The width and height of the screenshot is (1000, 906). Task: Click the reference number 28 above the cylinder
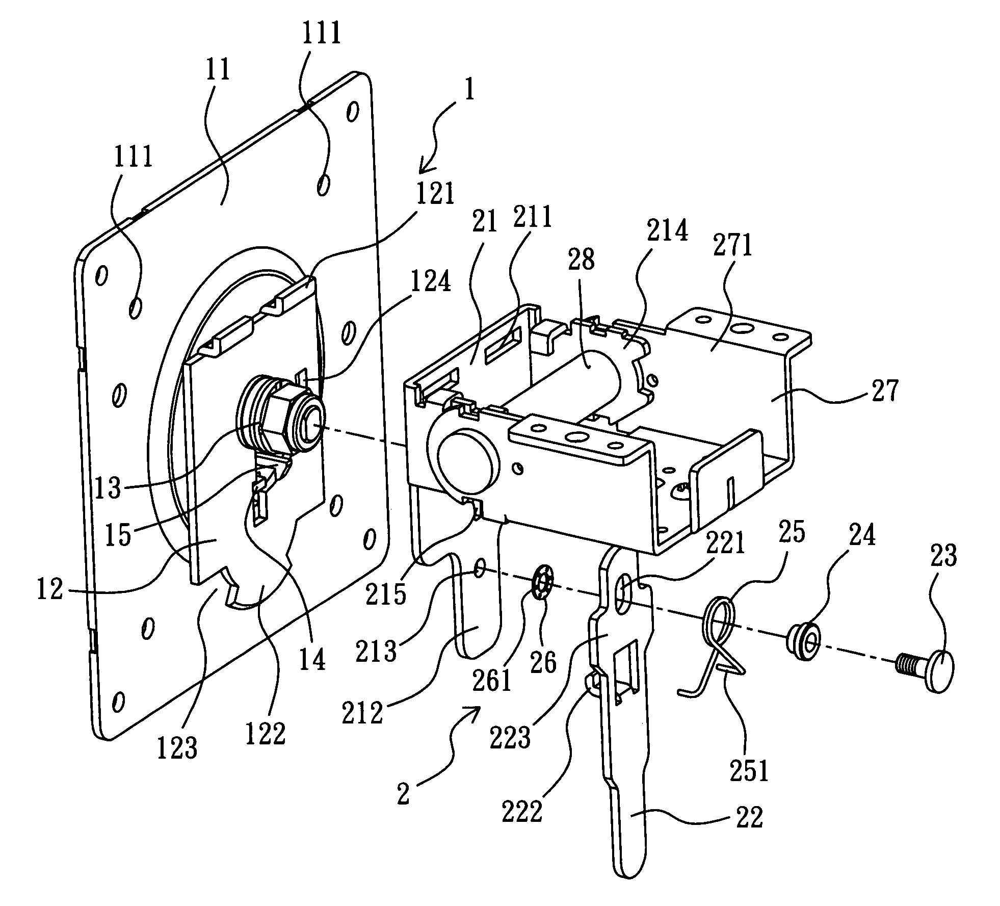pyautogui.click(x=582, y=261)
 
